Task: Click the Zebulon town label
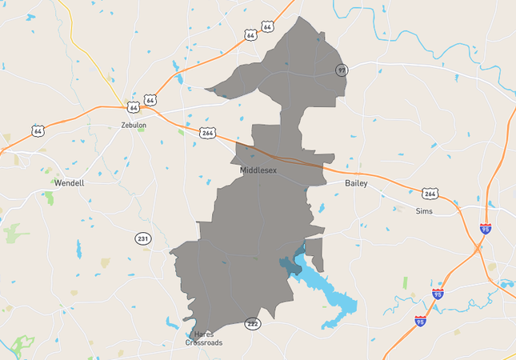point(133,125)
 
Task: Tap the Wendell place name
point(69,182)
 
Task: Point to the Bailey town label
point(356,183)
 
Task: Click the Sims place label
point(424,211)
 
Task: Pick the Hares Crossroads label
point(203,338)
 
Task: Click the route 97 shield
point(342,70)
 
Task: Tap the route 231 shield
point(142,238)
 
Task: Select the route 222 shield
point(253,323)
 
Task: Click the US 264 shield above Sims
point(430,193)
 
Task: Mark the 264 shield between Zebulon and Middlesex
point(208,132)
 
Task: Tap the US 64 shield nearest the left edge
point(38,130)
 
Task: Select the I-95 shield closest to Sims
point(486,229)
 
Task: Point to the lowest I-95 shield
point(420,321)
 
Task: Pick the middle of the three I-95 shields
point(437,294)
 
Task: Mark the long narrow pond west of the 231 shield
point(79,249)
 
